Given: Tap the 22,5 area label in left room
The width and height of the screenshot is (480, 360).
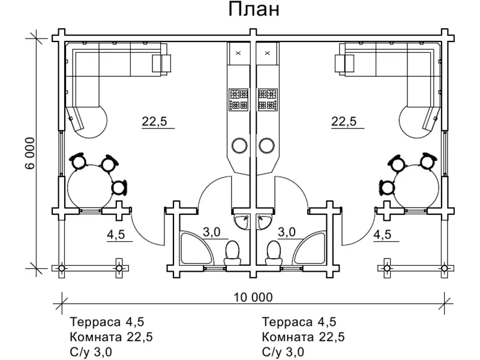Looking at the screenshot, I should click(x=154, y=121).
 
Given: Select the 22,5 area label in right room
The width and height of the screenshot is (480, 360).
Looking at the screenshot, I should click(x=344, y=121).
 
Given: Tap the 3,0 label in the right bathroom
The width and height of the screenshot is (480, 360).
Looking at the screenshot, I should click(x=287, y=232).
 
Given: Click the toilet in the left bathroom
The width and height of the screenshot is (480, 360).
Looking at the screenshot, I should click(x=232, y=252).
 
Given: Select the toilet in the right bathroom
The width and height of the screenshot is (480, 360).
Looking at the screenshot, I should click(x=273, y=252).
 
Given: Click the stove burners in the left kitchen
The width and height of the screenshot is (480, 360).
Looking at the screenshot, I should click(x=238, y=100).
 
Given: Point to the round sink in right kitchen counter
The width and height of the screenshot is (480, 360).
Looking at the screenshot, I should click(x=268, y=145).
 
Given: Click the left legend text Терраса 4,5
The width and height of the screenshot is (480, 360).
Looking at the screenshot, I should click(x=107, y=322).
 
